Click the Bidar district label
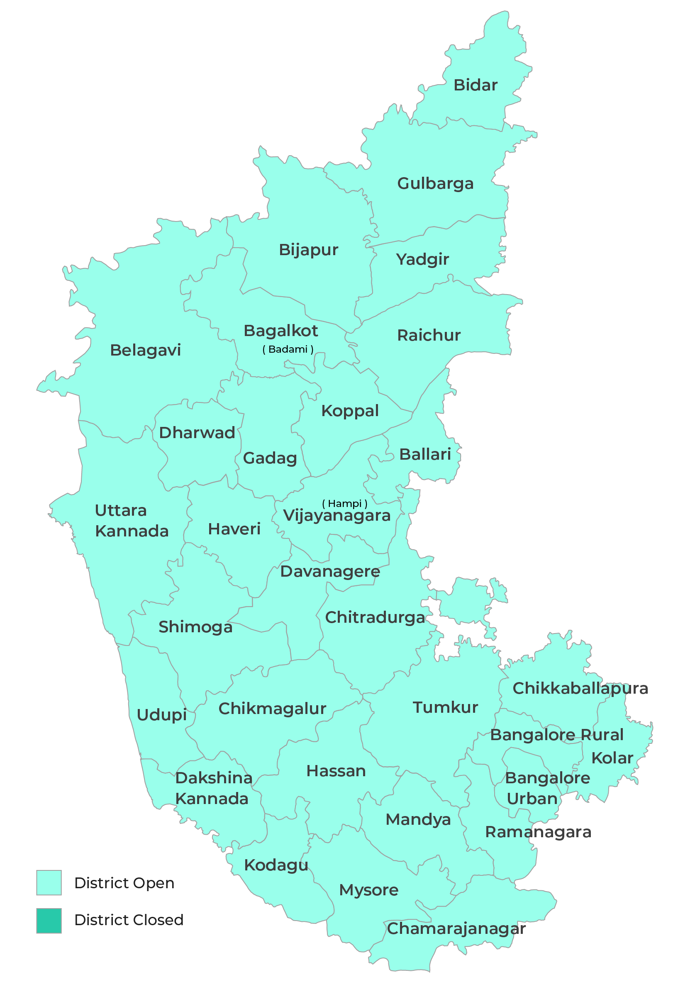(x=476, y=85)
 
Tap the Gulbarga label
(x=435, y=183)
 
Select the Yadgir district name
(x=422, y=260)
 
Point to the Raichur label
(x=429, y=336)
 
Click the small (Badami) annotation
(x=288, y=350)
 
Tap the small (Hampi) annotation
(x=344, y=504)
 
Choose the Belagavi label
(x=145, y=351)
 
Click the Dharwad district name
(x=197, y=433)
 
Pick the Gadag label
(x=270, y=458)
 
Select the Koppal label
(x=350, y=411)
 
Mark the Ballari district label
(x=425, y=454)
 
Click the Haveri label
(x=234, y=529)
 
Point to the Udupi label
(x=161, y=715)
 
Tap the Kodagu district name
(x=276, y=865)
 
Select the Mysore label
(x=369, y=890)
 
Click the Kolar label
(x=612, y=758)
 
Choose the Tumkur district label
(x=445, y=708)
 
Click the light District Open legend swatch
(x=49, y=882)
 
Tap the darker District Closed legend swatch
(x=49, y=921)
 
